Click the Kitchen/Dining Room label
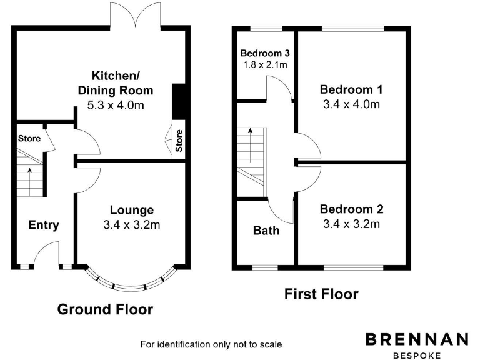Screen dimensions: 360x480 tap(115, 82)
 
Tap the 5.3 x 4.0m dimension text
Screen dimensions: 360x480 tap(115, 105)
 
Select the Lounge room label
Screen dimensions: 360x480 tap(131, 210)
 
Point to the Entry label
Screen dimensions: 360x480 tap(44, 225)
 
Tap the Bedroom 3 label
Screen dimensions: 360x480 tap(264, 53)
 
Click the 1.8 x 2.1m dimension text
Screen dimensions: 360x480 tap(264, 64)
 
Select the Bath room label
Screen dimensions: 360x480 tap(266, 231)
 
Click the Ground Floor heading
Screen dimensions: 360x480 tap(105, 309)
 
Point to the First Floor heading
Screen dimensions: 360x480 tap(321, 294)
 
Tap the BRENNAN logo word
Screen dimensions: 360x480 tap(417, 339)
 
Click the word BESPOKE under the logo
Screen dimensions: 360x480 tap(417, 354)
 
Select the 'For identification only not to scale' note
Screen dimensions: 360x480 tap(211, 344)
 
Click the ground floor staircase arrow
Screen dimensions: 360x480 tap(29, 177)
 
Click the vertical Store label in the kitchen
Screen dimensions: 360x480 tap(179, 141)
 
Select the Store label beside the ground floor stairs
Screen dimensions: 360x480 tap(29, 138)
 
